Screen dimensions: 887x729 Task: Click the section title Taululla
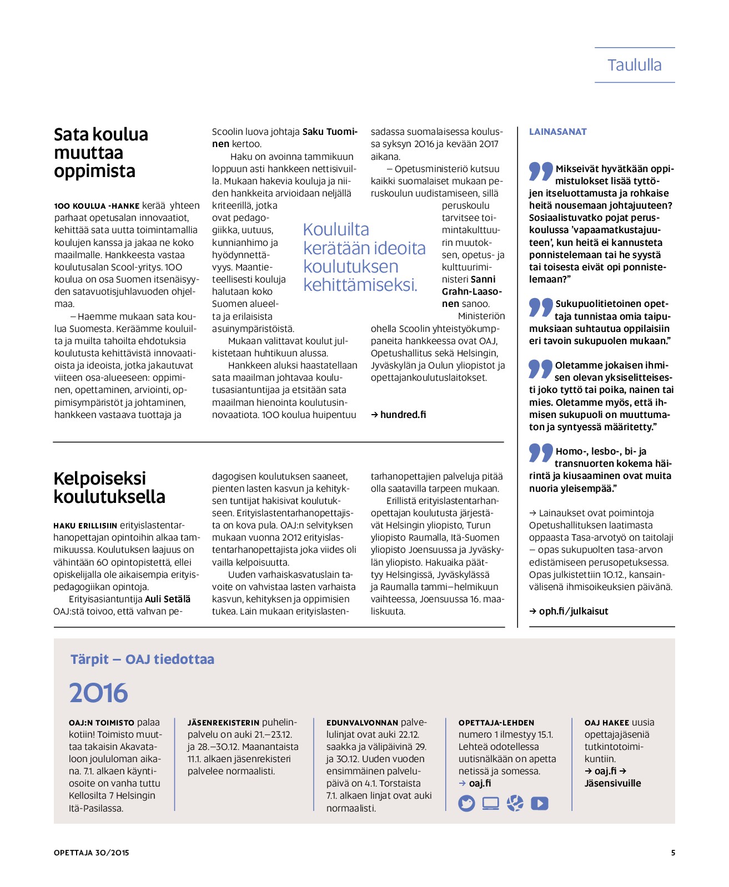coord(634,65)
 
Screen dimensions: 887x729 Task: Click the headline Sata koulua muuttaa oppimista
coord(101,153)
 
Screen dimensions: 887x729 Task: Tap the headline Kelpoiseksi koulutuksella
coord(109,487)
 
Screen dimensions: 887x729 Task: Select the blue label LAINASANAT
coord(557,132)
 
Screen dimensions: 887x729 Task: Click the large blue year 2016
coord(98,693)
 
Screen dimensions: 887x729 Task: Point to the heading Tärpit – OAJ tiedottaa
coord(142,659)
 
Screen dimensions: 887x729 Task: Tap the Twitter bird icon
coord(466,803)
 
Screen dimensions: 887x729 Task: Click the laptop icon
coord(490,803)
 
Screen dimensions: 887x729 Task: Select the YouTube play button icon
coord(539,803)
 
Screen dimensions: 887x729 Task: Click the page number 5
coord(673,853)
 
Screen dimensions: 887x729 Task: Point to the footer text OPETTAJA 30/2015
coord(92,853)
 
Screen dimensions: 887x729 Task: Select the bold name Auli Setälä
coord(168,599)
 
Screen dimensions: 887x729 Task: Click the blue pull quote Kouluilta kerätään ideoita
coord(364,257)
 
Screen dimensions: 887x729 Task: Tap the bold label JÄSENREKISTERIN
coord(223,723)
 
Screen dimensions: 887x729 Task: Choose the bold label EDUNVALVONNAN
coord(362,723)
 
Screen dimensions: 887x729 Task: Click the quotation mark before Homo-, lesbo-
coord(541,453)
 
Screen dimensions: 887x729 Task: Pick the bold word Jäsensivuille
coord(612,783)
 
